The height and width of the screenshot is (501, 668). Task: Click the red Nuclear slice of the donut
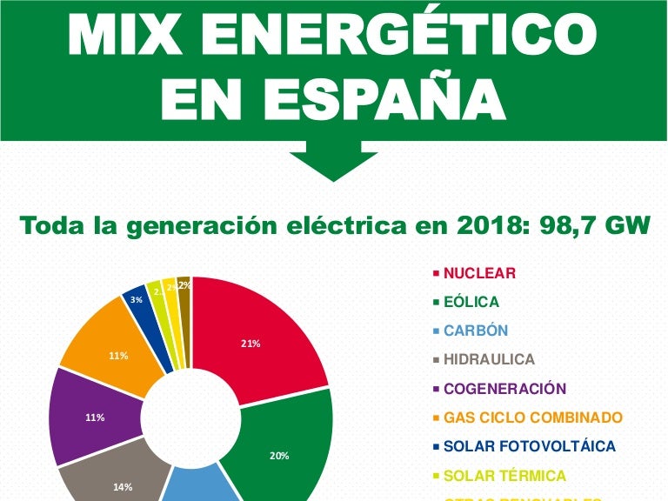coord(261,331)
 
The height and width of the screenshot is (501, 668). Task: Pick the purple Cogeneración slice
coord(83,417)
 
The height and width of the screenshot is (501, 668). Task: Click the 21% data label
coord(250,344)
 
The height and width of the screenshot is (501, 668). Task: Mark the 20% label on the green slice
coord(279,456)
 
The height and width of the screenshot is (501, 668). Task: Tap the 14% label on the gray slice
coord(123,487)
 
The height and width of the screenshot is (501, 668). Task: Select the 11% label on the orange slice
coord(118,356)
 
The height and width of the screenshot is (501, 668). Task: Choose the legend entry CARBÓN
coord(475,331)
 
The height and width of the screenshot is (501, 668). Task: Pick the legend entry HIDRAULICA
coord(489,359)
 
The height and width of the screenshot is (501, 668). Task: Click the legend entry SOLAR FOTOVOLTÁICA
coord(529,446)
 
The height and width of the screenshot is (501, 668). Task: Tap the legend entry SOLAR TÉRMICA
coord(504,476)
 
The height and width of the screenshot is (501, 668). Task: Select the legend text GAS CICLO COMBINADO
coord(532,417)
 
